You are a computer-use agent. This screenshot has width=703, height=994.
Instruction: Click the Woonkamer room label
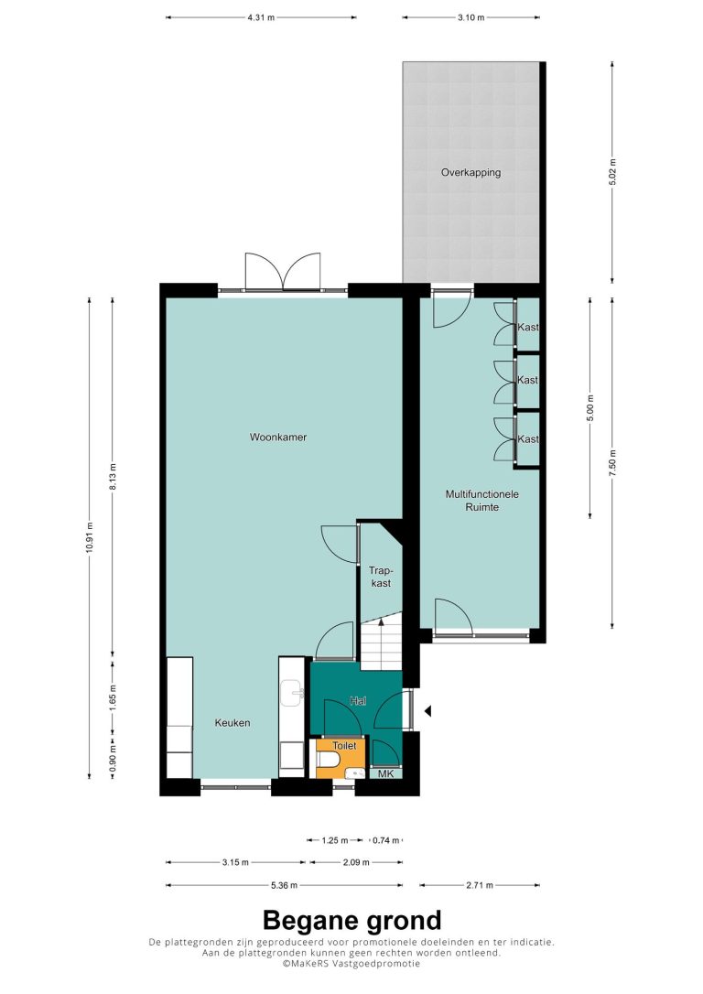[x=277, y=437]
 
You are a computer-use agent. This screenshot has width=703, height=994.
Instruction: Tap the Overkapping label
[x=471, y=172]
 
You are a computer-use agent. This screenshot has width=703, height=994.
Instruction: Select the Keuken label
[x=232, y=723]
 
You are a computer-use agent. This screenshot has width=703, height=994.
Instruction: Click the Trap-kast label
[x=381, y=577]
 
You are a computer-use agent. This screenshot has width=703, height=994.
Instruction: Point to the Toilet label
[x=345, y=745]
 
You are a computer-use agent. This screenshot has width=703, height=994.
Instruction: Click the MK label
[x=385, y=774]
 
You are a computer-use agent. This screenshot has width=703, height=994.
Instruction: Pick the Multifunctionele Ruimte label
[x=481, y=500]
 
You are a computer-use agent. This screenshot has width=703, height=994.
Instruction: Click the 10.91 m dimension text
[x=90, y=537]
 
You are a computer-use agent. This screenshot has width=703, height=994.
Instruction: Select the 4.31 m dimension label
[x=261, y=17]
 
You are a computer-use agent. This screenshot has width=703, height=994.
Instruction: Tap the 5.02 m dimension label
[x=611, y=172]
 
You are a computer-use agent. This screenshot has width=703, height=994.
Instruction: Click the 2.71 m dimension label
[x=480, y=885]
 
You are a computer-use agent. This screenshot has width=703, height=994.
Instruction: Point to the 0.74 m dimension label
[x=385, y=840]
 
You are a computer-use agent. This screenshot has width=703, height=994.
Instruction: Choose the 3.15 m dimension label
[x=235, y=862]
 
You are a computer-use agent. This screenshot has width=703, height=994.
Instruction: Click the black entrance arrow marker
[x=427, y=711]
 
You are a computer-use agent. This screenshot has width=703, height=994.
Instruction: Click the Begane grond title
[x=351, y=920]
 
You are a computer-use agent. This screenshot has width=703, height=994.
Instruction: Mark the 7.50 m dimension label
[x=611, y=462]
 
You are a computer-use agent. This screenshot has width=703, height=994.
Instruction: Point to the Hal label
[x=358, y=701]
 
